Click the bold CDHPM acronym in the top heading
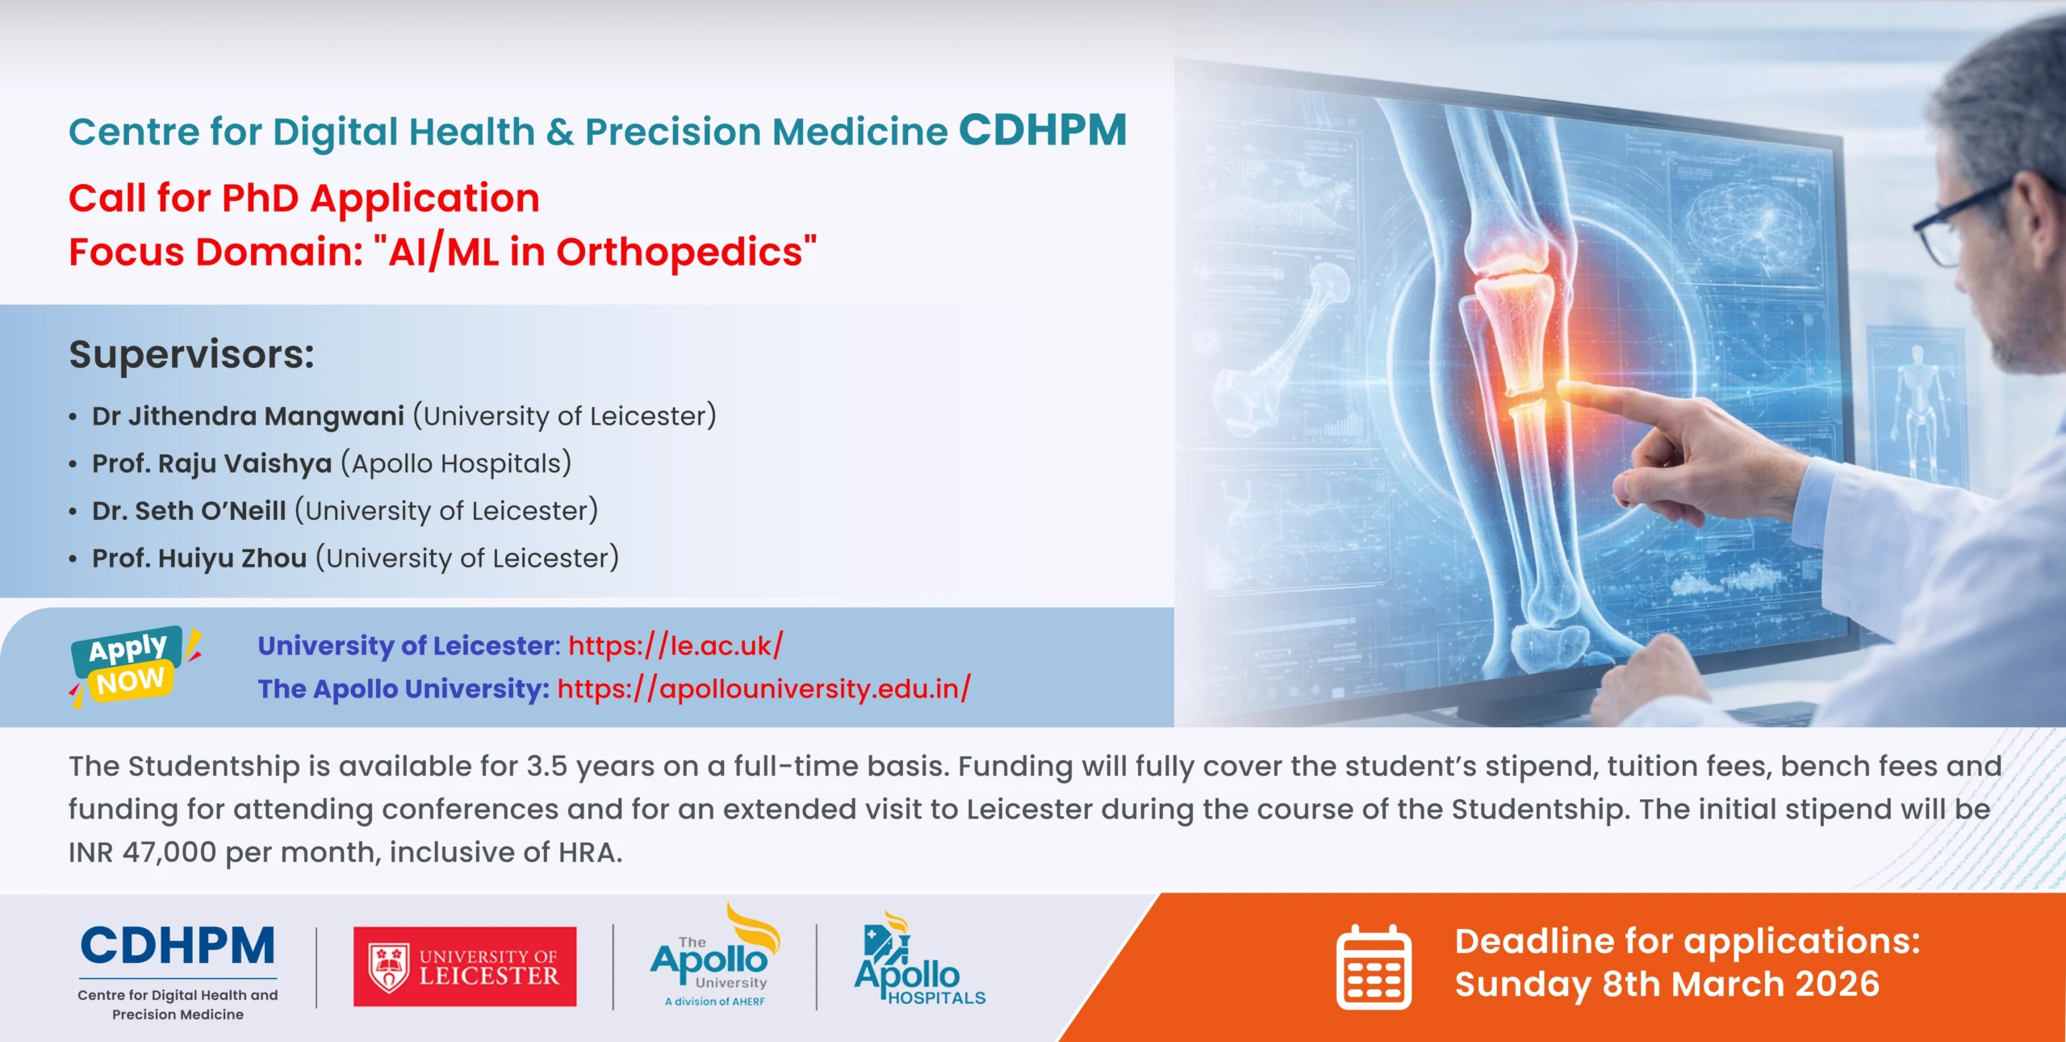[1043, 130]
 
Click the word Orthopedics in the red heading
[680, 252]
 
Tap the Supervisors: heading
[192, 354]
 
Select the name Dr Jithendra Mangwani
[248, 416]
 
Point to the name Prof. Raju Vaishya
[212, 463]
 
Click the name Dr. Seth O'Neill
[189, 510]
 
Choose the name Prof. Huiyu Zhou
[199, 558]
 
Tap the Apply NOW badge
[134, 665]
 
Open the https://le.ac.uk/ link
[675, 646]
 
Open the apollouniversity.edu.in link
[763, 688]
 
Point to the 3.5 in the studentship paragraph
[547, 766]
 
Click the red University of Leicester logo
[465, 966]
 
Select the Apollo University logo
[715, 956]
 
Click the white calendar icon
[1374, 967]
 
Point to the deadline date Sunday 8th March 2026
[1667, 985]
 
